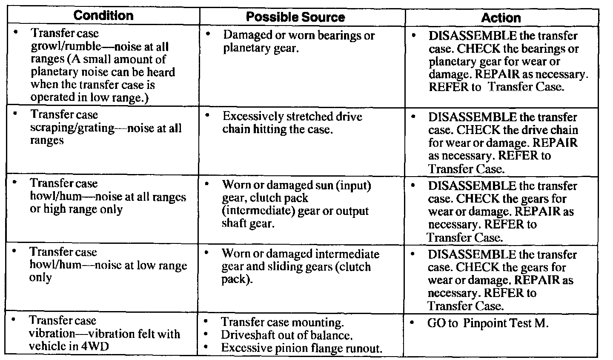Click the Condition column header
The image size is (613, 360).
pos(103,16)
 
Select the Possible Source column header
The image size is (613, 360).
pos(295,17)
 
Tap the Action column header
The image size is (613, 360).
pos(501,18)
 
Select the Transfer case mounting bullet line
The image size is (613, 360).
pos(282,322)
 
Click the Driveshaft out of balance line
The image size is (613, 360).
pos(286,335)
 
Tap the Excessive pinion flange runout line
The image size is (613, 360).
pos(301,348)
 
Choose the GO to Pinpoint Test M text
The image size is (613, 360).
pos(488,323)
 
